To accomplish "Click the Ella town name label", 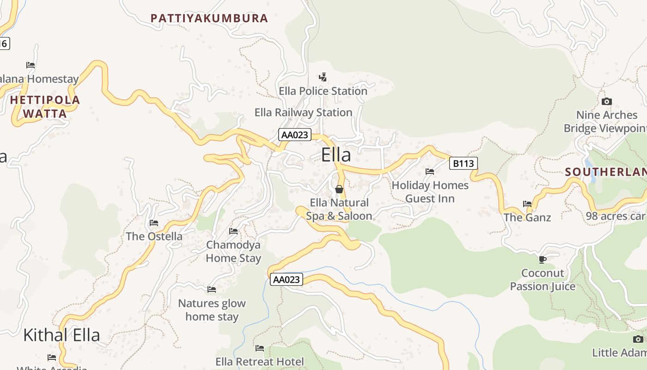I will [x=336, y=155].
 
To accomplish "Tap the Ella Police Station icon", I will [x=323, y=77].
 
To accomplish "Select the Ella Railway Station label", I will [x=303, y=112].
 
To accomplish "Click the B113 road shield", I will [x=463, y=163].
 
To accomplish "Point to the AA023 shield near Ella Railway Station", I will [x=295, y=135].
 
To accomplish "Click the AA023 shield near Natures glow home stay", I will [x=287, y=279].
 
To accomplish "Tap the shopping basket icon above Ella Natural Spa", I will [x=339, y=189].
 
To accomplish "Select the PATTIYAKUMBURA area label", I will [x=209, y=18].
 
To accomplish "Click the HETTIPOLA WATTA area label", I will [x=45, y=106].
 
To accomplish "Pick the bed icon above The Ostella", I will [x=154, y=223].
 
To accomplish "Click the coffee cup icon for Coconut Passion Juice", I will [x=543, y=259].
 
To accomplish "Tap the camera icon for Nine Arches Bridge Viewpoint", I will [x=607, y=101].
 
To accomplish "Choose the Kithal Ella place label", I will [x=61, y=335].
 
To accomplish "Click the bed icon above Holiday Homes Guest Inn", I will [x=430, y=172].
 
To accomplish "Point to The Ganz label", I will [x=527, y=217].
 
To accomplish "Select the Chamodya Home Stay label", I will [x=233, y=252].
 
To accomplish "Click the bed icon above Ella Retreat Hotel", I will [x=260, y=348].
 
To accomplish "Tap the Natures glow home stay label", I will [x=212, y=310].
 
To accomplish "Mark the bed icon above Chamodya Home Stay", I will [x=233, y=231].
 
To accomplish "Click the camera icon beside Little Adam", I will [x=638, y=339].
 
